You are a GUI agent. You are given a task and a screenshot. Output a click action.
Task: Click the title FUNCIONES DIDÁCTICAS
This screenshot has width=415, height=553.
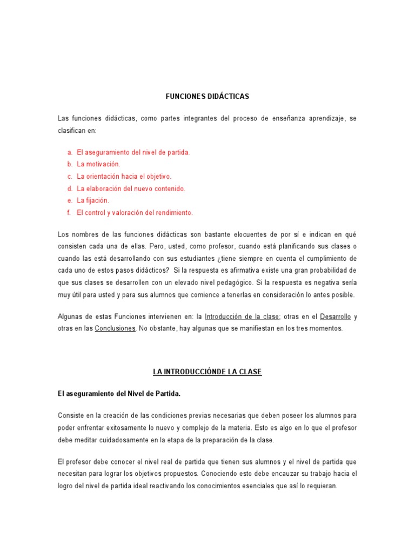pos(207,97)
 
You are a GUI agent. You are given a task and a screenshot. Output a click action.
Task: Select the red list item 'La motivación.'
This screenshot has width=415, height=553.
pos(98,164)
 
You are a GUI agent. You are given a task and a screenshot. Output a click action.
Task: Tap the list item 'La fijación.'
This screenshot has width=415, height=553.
pos(93,200)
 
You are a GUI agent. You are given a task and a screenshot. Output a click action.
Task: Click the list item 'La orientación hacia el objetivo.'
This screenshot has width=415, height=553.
pos(124,177)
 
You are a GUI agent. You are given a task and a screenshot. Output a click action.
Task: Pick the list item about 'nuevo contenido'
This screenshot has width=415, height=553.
pos(131,188)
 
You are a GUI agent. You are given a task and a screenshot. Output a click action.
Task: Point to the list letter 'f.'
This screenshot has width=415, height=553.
pos(69,213)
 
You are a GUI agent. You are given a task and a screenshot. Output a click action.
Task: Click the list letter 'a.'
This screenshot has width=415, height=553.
pos(70,152)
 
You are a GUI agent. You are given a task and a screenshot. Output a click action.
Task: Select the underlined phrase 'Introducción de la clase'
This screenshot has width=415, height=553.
pos(242,316)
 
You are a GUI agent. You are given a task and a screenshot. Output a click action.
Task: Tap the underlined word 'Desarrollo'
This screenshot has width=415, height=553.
pos(336,316)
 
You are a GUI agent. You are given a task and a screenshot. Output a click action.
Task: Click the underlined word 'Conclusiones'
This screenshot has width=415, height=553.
pos(115,328)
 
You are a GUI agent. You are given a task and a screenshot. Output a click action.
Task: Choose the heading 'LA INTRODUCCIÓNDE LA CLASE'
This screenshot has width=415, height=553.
pos(207,373)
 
